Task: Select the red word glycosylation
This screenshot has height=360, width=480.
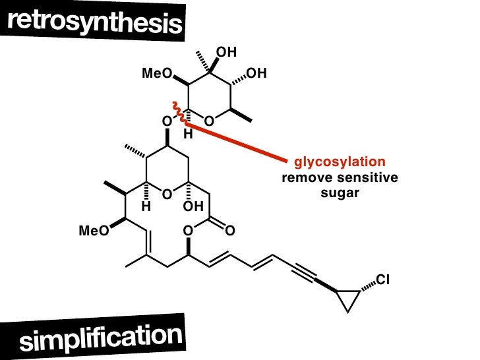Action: click(339, 162)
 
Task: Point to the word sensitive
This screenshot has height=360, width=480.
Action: click(367, 178)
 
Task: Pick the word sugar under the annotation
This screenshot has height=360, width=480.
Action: click(338, 194)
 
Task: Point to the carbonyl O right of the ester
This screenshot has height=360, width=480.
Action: click(229, 231)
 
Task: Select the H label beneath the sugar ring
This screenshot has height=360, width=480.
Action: click(187, 135)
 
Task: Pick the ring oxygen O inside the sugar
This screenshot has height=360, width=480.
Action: click(208, 122)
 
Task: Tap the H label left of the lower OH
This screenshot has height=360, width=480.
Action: click(146, 207)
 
